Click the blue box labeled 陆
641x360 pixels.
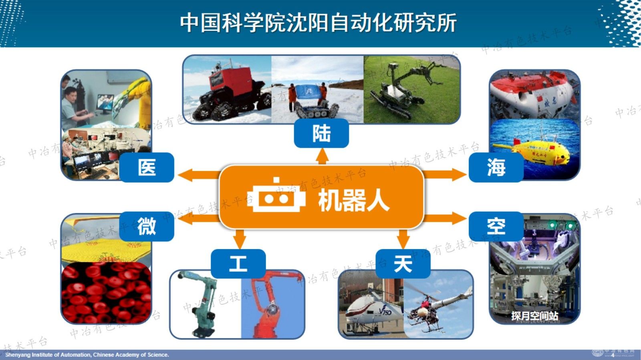pyautogui.click(x=321, y=134)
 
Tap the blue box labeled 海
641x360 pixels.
pyautogui.click(x=496, y=167)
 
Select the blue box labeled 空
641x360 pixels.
pyautogui.click(x=496, y=227)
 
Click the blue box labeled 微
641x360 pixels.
pyautogui.click(x=147, y=227)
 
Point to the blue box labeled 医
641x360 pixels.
pyautogui.click(x=147, y=167)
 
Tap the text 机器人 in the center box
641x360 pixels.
pyautogui.click(x=353, y=200)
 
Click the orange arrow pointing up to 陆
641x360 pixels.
pyautogui.click(x=322, y=156)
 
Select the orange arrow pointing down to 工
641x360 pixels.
pyautogui.click(x=239, y=239)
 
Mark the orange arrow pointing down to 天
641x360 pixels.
pyautogui.click(x=403, y=239)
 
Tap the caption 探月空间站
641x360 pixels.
pyautogui.click(x=534, y=316)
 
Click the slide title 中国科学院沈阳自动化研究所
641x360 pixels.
pyautogui.click(x=318, y=23)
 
